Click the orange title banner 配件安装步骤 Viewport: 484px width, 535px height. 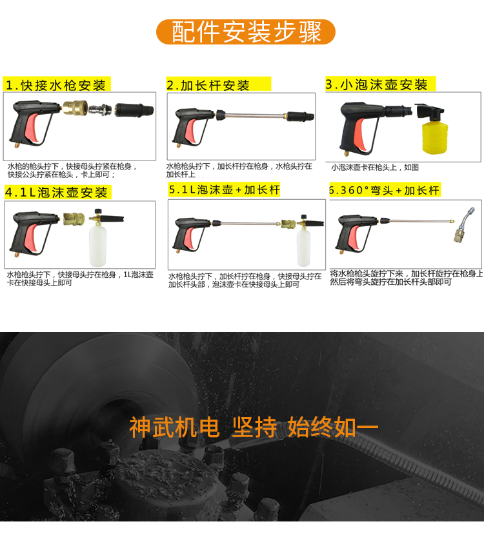coord(246,32)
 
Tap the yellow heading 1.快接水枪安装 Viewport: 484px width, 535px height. coord(57,84)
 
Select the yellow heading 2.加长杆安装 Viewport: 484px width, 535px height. coord(219,84)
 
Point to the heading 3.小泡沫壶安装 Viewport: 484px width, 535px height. coord(381,84)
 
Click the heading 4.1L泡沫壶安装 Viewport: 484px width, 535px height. coord(57,192)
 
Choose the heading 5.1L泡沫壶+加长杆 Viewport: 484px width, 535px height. coord(224,190)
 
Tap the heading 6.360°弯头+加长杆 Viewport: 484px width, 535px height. coord(385,190)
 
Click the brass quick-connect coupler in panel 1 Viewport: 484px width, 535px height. coord(75,108)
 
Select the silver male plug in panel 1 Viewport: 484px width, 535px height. coord(100,110)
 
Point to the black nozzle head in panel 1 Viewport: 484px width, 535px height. coord(134,110)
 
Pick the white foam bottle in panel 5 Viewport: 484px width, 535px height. coord(303,248)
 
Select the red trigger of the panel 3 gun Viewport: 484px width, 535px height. coord(361,133)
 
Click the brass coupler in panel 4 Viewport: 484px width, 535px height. coord(74,219)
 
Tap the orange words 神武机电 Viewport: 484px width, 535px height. coord(174,427)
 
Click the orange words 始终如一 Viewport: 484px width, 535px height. coord(333,427)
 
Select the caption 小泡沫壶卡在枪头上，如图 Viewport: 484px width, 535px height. coord(375,167)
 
